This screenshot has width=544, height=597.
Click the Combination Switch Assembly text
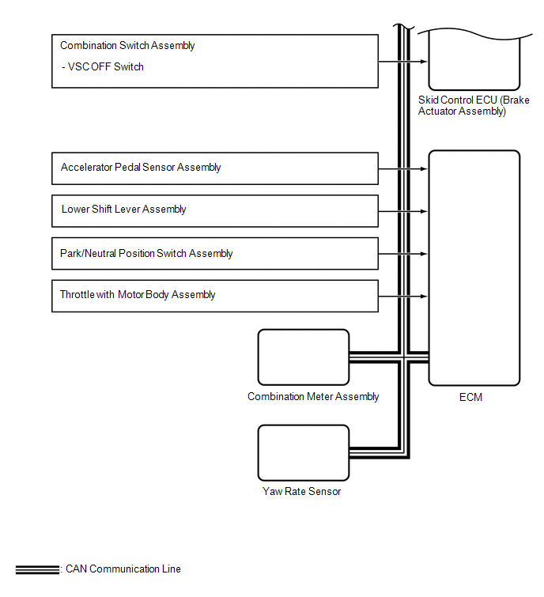127,46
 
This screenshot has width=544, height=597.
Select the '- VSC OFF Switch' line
102,67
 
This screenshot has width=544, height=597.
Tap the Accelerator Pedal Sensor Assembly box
215,168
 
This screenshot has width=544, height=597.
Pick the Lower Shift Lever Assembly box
215,210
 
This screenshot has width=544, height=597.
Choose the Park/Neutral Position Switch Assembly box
215,254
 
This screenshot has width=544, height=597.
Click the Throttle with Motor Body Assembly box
215,295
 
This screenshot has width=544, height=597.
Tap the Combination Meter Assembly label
313,397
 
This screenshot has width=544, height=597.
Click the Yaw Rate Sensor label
302,492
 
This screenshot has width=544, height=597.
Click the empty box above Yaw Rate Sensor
303,452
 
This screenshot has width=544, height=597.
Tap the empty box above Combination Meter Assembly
303,357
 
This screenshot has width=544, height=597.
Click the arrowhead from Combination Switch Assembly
425,62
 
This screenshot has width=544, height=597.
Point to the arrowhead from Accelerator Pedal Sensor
425,168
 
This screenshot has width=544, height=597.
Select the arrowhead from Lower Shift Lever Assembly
425,211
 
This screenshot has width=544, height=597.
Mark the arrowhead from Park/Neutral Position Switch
425,254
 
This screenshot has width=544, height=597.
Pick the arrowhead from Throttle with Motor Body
425,297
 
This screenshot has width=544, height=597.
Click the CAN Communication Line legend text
123,569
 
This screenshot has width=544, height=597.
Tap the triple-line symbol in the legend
36,569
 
